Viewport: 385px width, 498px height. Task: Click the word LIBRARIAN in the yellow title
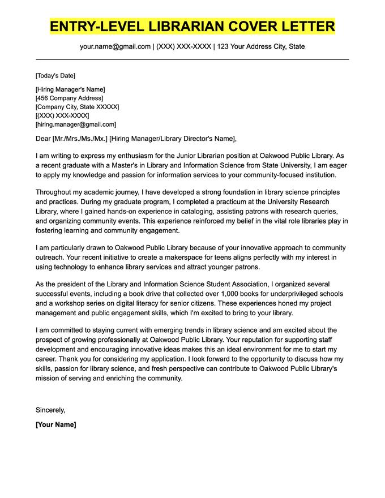tap(182, 26)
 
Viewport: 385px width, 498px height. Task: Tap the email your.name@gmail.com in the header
tap(115, 46)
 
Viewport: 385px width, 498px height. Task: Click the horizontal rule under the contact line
tap(192, 59)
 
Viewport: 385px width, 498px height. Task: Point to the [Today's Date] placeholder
tap(55, 76)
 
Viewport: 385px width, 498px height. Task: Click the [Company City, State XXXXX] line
tap(77, 107)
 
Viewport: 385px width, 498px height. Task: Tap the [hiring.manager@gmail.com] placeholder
tap(75, 124)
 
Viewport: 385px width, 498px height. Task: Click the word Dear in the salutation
tap(43, 139)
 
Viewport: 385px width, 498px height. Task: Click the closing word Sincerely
tap(50, 409)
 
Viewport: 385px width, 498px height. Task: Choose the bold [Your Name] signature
tap(55, 424)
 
